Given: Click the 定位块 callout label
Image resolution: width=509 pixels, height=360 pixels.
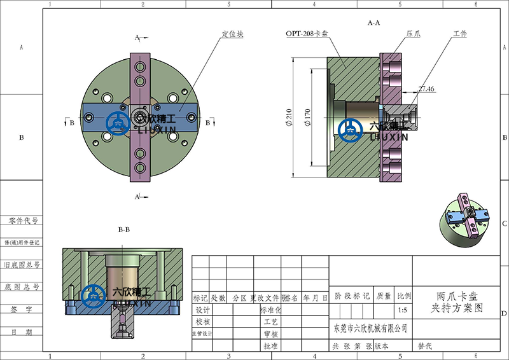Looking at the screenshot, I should tap(232, 34).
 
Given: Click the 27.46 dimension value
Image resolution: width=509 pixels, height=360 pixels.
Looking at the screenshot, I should tap(426, 89).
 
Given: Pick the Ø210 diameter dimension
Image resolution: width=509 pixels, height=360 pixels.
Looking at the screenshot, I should tap(289, 118).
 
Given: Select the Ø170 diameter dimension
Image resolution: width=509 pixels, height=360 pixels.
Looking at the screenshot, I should tap(307, 118).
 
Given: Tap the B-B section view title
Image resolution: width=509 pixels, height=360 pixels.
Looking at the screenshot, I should tap(124, 229).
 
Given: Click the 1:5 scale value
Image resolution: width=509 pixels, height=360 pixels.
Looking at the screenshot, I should tap(402, 310).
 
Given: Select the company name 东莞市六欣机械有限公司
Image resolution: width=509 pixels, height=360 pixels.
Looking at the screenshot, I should tap(370, 328).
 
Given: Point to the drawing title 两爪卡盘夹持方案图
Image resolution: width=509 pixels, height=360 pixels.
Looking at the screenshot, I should tap(457, 302).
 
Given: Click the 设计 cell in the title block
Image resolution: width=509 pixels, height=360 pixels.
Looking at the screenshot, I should tap(202, 310).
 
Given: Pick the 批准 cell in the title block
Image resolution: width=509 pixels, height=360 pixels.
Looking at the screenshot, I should tap(270, 347).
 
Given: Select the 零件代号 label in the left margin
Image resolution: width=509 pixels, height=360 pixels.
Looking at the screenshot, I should tap(23, 221).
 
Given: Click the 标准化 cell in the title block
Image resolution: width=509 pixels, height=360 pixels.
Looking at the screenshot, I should tap(270, 310).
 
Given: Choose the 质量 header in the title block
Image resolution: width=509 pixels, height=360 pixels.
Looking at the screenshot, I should tap(384, 296).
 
